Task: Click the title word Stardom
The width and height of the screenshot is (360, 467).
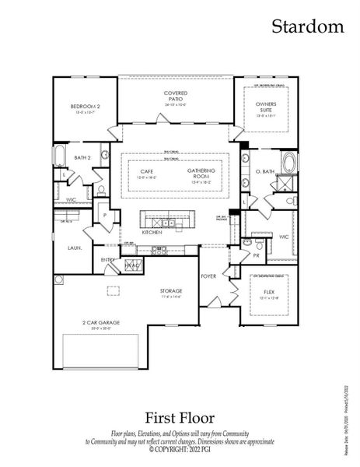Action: [x=307, y=26]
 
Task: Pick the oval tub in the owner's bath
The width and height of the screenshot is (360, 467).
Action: [x=288, y=164]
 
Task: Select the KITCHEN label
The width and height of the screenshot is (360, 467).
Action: [x=152, y=233]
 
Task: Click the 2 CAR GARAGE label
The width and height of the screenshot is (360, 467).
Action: [x=97, y=324]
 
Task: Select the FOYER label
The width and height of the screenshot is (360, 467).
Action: [x=208, y=276]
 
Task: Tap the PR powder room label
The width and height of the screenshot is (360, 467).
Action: [x=256, y=255]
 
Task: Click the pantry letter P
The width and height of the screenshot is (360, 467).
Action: [x=103, y=215]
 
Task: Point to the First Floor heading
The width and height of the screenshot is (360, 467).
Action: [x=180, y=418]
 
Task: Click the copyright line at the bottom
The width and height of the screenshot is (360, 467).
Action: [x=180, y=448]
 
